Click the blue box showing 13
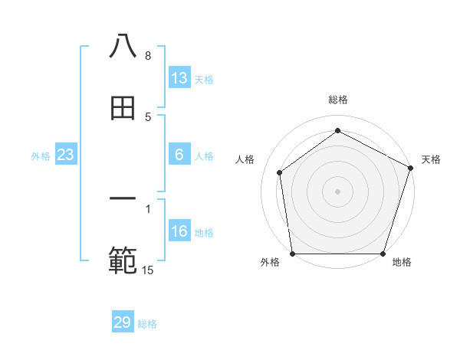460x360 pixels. (179, 78)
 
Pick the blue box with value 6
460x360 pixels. (179, 155)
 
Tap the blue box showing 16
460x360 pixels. (179, 231)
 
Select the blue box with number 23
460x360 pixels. (66, 155)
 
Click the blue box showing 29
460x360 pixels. (123, 322)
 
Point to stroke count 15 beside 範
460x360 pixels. (148, 270)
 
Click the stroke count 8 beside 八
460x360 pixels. (148, 56)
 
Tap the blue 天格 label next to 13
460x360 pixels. (204, 79)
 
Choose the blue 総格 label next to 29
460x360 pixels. (147, 323)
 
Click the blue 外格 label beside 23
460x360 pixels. (41, 155)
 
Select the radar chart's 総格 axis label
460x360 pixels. (338, 100)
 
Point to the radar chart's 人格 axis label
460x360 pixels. (245, 159)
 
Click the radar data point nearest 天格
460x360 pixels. (410, 168)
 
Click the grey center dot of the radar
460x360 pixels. (338, 191)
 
